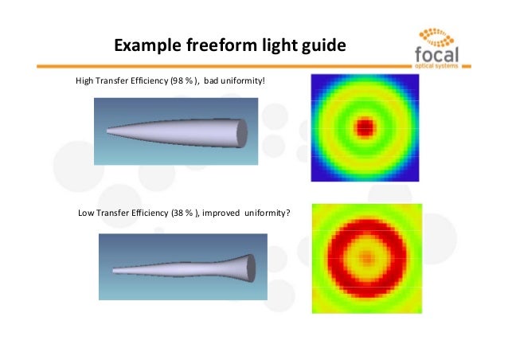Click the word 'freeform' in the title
(x=223, y=45)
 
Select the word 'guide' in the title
(x=322, y=45)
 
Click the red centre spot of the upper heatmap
(x=365, y=125)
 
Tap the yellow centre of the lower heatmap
(x=365, y=256)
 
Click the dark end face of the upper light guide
(x=242, y=130)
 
